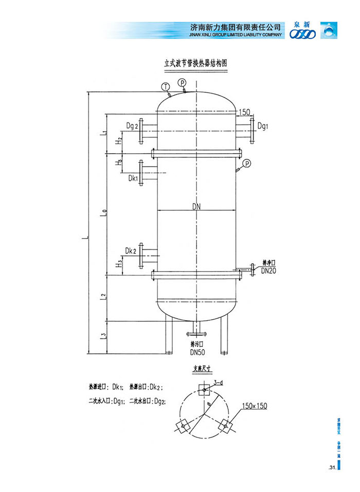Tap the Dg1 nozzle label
(263, 125)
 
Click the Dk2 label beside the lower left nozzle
(131, 251)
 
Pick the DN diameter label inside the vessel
(196, 207)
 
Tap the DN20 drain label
(269, 270)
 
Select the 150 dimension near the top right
(244, 112)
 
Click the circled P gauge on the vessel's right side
(247, 163)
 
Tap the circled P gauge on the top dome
(182, 83)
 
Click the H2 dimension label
(119, 139)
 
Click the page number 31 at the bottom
(331, 467)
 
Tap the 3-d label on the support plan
(218, 382)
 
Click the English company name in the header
(236, 34)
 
